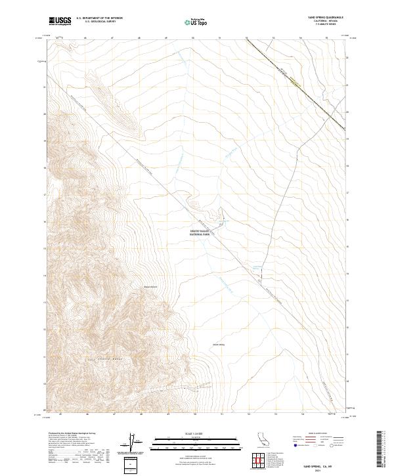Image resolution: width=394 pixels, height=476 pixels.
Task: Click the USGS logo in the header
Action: [60, 21]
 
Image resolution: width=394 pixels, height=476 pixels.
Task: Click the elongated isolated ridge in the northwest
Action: [112, 98]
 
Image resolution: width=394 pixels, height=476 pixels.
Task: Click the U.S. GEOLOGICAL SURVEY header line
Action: [96, 22]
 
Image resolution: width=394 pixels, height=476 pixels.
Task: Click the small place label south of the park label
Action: [218, 343]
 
